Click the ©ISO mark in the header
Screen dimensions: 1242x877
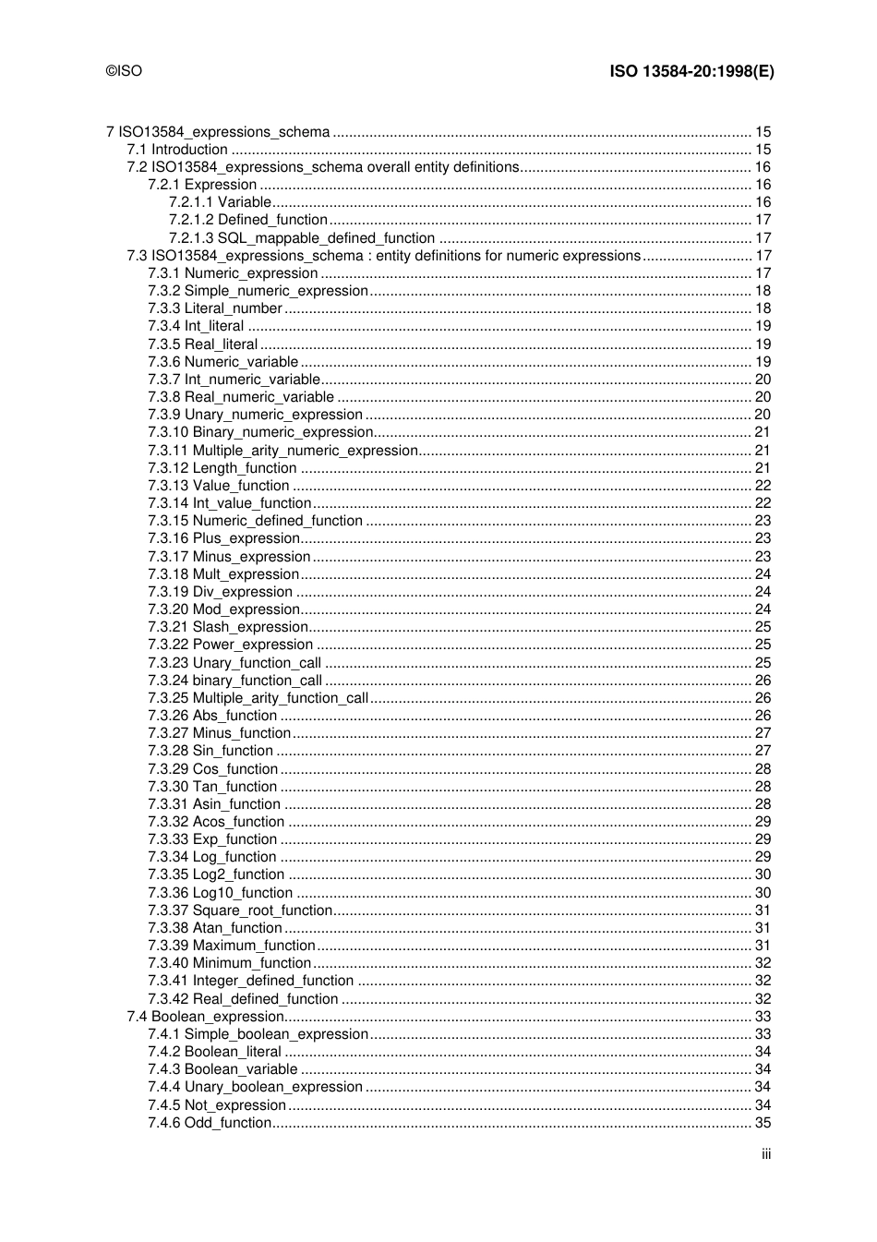(125, 71)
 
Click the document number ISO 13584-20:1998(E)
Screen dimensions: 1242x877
(691, 71)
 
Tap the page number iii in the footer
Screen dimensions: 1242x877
(766, 1154)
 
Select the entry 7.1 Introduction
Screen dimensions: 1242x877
(177, 150)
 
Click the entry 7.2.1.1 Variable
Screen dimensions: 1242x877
(220, 202)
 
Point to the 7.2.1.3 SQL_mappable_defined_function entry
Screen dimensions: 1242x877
(302, 238)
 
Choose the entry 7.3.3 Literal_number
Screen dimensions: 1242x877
(215, 308)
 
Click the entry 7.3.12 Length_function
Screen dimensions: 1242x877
(222, 468)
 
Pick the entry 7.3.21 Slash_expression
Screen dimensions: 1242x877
(228, 627)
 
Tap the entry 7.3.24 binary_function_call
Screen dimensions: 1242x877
(235, 681)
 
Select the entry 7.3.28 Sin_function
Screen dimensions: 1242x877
(210, 751)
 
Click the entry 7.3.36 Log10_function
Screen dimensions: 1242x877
(221, 893)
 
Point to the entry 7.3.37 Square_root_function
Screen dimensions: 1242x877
(240, 910)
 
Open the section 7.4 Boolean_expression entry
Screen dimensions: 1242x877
(206, 1017)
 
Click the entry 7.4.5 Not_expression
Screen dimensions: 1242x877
(217, 1105)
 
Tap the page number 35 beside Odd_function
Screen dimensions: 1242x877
(763, 1123)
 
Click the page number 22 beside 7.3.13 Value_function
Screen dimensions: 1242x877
(763, 486)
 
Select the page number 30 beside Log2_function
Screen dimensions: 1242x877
(763, 874)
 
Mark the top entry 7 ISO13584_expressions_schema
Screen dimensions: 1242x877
(218, 132)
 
